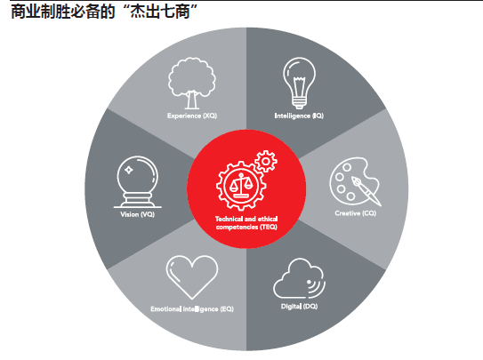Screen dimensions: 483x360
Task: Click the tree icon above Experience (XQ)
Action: click(x=192, y=83)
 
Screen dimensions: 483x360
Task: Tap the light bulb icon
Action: click(x=299, y=83)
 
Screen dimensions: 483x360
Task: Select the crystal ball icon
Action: click(x=137, y=182)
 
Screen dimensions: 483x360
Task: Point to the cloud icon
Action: click(x=299, y=278)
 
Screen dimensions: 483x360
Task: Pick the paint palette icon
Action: click(x=355, y=181)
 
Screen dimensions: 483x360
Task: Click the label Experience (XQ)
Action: click(x=192, y=116)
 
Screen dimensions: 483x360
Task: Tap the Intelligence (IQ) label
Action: click(x=299, y=116)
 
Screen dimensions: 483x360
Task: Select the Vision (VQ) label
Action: click(x=137, y=214)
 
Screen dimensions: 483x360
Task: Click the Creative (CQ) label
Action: click(x=356, y=213)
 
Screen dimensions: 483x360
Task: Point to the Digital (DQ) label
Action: click(x=299, y=306)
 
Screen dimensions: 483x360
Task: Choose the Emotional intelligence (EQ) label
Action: click(x=192, y=309)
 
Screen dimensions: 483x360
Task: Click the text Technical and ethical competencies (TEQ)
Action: click(x=246, y=223)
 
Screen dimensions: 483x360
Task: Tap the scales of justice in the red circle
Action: click(x=241, y=186)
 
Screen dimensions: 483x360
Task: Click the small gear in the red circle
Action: click(x=266, y=161)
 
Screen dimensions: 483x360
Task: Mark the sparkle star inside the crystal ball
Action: click(x=129, y=170)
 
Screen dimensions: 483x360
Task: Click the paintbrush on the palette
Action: click(x=366, y=191)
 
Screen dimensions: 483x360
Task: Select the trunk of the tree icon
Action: click(x=192, y=100)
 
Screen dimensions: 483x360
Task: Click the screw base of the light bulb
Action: click(x=299, y=102)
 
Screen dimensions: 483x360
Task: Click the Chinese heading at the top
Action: click(x=104, y=12)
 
